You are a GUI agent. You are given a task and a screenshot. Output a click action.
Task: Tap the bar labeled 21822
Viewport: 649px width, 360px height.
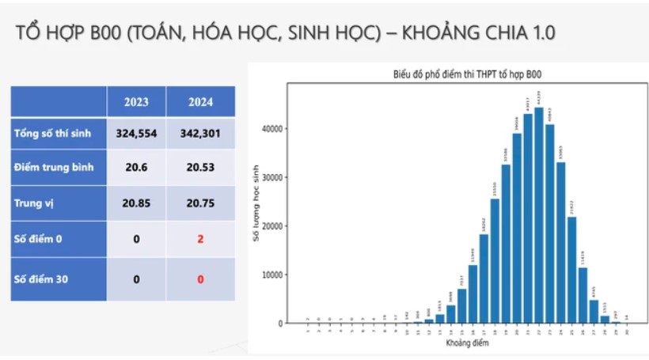pos(572,270)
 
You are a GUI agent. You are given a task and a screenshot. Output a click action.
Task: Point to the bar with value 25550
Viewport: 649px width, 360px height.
pos(495,261)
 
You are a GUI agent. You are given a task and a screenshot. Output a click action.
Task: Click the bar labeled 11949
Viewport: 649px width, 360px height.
pos(473,294)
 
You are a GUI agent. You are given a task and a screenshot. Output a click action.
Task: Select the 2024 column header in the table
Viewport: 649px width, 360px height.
pos(200,101)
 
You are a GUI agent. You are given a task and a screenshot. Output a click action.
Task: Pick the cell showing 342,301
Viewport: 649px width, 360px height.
pos(200,133)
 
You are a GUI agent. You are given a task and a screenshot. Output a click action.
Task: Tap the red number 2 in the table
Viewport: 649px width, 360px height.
pos(200,238)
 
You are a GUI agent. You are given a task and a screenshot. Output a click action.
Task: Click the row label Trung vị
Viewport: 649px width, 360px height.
pos(32,203)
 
